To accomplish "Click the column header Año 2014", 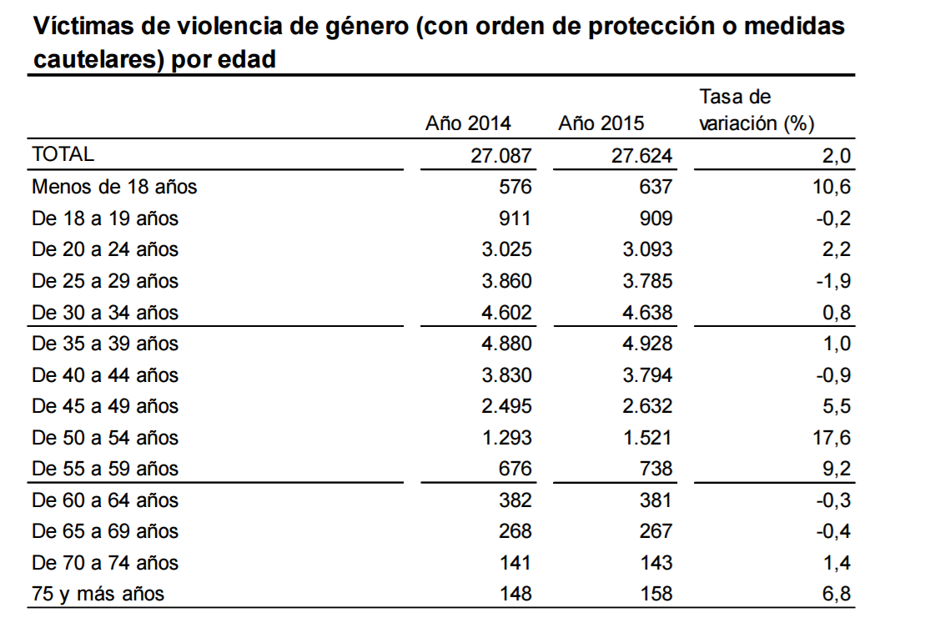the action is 468,123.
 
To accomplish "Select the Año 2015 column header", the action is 601,123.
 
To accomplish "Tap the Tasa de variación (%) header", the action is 757,110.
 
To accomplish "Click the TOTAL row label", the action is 63,154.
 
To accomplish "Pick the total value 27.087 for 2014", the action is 501,156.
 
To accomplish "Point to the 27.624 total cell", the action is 641,156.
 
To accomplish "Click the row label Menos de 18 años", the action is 114,187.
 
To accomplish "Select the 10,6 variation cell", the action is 832,187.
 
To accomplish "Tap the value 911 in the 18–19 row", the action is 515,219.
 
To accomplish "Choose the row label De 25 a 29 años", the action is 105,281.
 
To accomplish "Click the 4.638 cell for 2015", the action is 647,313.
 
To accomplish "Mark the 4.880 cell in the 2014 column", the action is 507,344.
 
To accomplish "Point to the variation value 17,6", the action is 832,438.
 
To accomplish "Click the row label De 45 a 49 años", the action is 105,406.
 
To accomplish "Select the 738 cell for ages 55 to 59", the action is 656,469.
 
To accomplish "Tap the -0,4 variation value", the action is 833,531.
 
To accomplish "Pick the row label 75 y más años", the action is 98,594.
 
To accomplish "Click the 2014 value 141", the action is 515,563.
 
